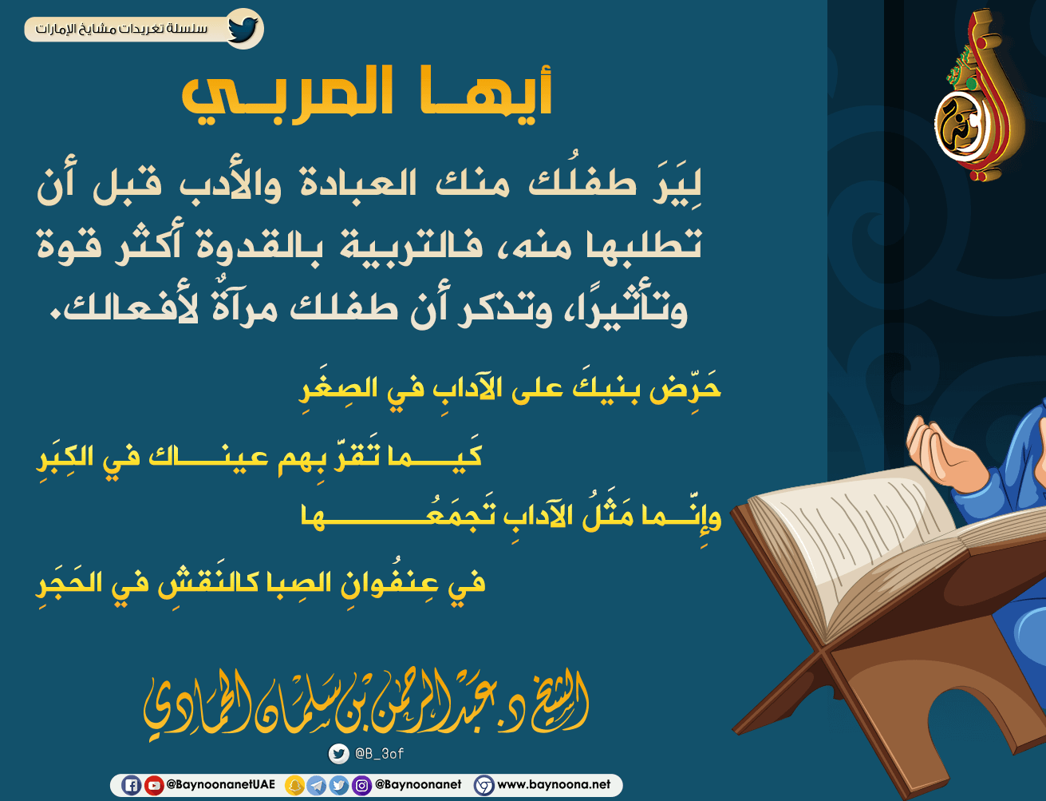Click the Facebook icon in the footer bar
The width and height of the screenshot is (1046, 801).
tap(131, 785)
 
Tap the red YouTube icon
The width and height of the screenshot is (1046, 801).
tap(153, 785)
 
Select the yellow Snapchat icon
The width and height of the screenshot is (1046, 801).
tap(294, 785)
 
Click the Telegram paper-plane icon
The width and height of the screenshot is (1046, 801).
tap(317, 785)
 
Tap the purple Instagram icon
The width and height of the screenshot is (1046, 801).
tap(361, 785)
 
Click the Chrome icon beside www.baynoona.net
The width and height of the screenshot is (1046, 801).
tap(484, 785)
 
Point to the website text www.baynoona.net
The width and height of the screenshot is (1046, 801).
tap(554, 784)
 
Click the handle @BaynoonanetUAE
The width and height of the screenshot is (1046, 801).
tap(220, 784)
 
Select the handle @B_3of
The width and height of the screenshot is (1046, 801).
tap(379, 754)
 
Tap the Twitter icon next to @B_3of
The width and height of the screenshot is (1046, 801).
tap(339, 754)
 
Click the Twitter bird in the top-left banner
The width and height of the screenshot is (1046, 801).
tap(243, 29)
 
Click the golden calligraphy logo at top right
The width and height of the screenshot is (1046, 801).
tap(979, 95)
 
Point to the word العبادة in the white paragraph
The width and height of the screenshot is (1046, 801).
tap(358, 184)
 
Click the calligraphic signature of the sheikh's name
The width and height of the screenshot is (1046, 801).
tap(366, 703)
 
